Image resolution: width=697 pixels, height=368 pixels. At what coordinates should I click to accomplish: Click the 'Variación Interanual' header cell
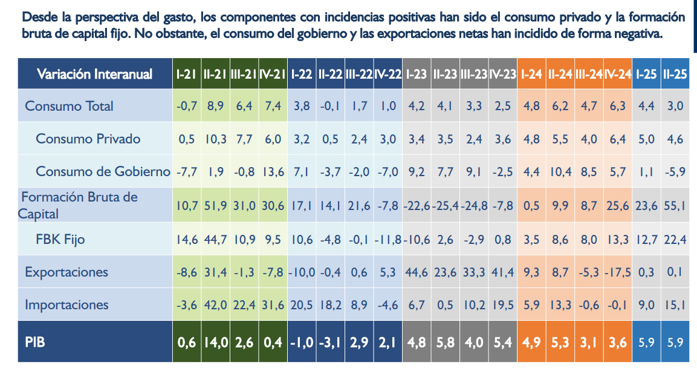(x=94, y=74)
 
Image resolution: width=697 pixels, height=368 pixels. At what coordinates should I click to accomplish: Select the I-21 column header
(x=187, y=74)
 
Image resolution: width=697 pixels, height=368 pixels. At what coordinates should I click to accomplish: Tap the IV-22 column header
(x=388, y=74)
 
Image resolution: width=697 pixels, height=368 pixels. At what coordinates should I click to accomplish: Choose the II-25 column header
(x=675, y=74)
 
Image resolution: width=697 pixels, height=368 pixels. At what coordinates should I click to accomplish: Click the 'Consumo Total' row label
(x=69, y=106)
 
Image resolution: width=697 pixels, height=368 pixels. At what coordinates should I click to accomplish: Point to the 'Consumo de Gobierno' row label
(x=103, y=171)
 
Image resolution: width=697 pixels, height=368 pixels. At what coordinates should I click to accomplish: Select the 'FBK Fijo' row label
(x=60, y=239)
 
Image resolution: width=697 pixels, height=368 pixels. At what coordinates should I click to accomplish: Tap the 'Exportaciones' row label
(x=66, y=272)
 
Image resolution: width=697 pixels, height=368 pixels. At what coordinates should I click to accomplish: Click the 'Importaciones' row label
(x=66, y=304)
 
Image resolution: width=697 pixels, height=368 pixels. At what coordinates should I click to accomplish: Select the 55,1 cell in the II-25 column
(x=675, y=206)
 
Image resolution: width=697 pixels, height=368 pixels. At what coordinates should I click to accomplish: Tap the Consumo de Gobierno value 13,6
(x=273, y=171)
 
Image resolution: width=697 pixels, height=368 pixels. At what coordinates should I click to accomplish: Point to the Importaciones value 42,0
(x=215, y=304)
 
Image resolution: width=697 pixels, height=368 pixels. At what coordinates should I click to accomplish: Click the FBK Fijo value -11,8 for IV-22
(x=388, y=239)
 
